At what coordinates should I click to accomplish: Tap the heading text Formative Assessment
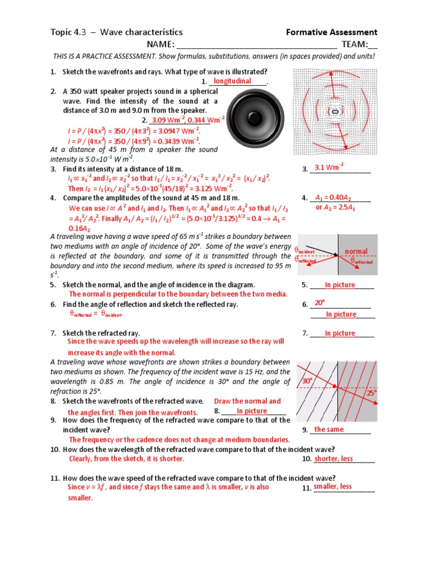[x=332, y=32]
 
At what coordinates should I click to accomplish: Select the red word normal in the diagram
[x=356, y=252]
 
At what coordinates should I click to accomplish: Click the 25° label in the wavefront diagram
[x=372, y=392]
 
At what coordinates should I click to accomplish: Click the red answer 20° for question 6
[x=319, y=303]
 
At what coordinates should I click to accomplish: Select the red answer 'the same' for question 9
[x=329, y=429]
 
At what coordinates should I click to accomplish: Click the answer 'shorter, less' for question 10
[x=333, y=459]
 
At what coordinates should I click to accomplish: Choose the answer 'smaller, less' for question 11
[x=333, y=487]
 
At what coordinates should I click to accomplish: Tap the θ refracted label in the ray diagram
[x=362, y=261]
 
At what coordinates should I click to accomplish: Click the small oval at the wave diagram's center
[x=335, y=111]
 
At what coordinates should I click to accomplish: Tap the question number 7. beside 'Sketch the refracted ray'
[x=53, y=333]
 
